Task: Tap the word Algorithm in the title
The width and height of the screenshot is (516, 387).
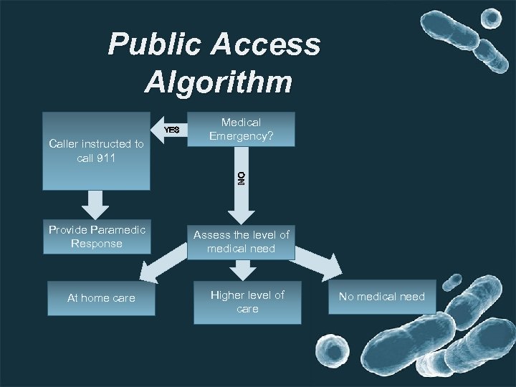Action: pos(219,82)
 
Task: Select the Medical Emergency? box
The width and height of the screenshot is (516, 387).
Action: pos(241,129)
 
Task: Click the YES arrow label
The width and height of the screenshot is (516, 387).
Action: pos(171,130)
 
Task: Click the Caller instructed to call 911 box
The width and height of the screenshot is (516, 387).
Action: pos(96,151)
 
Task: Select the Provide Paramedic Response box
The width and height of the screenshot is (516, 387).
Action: pos(97,236)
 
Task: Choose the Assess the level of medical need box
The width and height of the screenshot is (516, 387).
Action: pos(241,242)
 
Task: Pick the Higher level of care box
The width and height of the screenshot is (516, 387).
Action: pos(247,302)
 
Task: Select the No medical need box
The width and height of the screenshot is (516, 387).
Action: pos(381,297)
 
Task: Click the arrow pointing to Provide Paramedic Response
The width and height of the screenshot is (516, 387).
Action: pos(96,204)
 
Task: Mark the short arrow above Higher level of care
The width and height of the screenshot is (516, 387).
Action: pos(243,270)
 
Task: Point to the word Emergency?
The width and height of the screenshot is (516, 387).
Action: pos(242,135)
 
